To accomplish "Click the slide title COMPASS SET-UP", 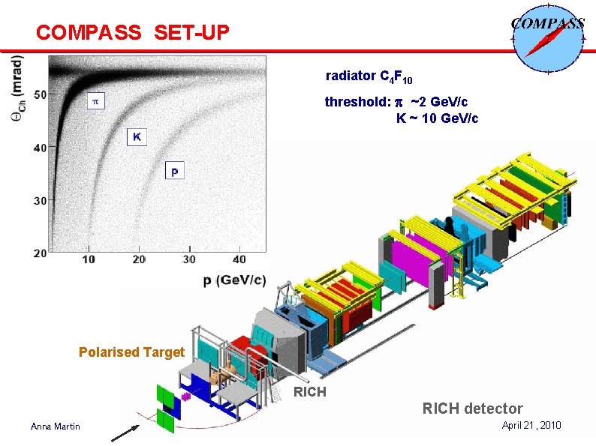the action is tap(132, 33).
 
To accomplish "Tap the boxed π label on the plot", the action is tap(95, 100).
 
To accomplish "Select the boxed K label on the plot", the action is tap(136, 136).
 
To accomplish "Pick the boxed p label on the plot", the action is tap(174, 172).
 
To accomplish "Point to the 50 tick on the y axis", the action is tap(39, 94).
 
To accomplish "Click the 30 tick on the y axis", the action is tap(39, 200).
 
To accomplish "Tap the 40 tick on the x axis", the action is tap(239, 259).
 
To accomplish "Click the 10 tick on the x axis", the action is tap(89, 259).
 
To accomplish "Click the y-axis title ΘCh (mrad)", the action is tap(17, 93).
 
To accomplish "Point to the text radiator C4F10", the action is tap(369, 76).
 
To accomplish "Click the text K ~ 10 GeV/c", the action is tap(437, 118).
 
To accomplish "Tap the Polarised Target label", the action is tap(131, 352).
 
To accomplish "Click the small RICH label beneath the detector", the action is tap(309, 391).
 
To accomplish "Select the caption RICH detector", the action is tap(472, 409).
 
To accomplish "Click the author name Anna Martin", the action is tap(56, 427).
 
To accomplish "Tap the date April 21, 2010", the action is tap(531, 425).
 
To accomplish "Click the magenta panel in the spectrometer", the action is tap(410, 258).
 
